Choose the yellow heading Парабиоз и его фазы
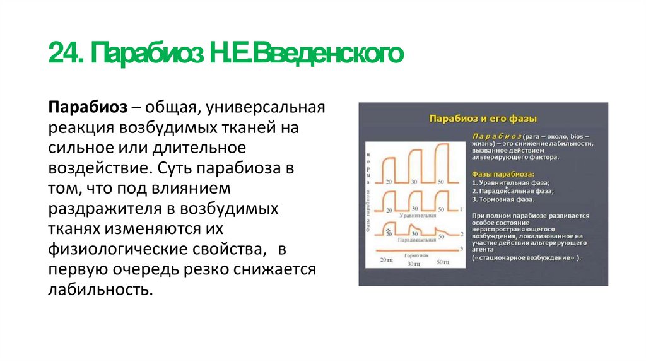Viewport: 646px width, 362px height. pos(483,119)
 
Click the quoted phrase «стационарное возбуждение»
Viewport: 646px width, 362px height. pos(527,258)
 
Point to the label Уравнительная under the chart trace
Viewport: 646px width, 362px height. pos(417,215)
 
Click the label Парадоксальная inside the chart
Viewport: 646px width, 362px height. pos(416,240)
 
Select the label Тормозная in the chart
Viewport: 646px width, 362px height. pos(417,255)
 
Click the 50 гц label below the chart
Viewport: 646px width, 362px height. pos(442,260)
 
